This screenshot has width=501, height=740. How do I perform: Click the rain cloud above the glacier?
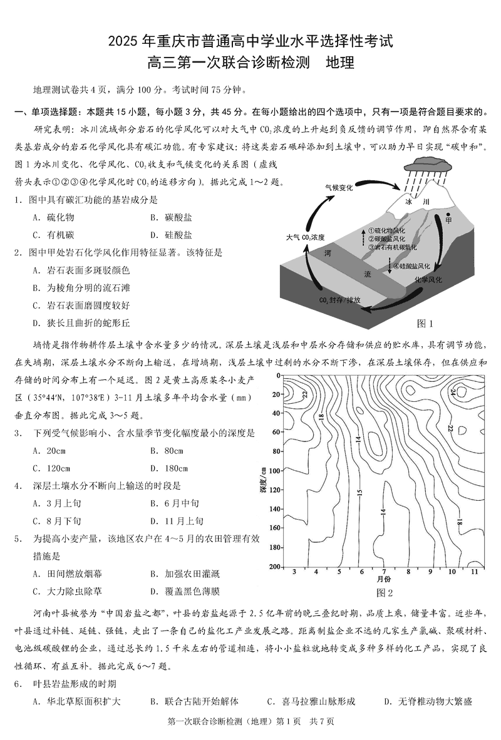(430, 165)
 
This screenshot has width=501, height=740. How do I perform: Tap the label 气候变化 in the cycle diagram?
(338, 187)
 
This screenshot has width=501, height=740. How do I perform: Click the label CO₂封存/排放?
(341, 300)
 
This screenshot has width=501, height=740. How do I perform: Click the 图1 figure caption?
(425, 323)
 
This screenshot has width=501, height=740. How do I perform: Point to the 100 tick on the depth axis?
(274, 470)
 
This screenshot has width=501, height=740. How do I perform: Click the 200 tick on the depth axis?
(274, 566)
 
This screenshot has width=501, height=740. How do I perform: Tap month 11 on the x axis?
(475, 573)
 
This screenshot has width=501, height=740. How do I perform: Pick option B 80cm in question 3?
(165, 450)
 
